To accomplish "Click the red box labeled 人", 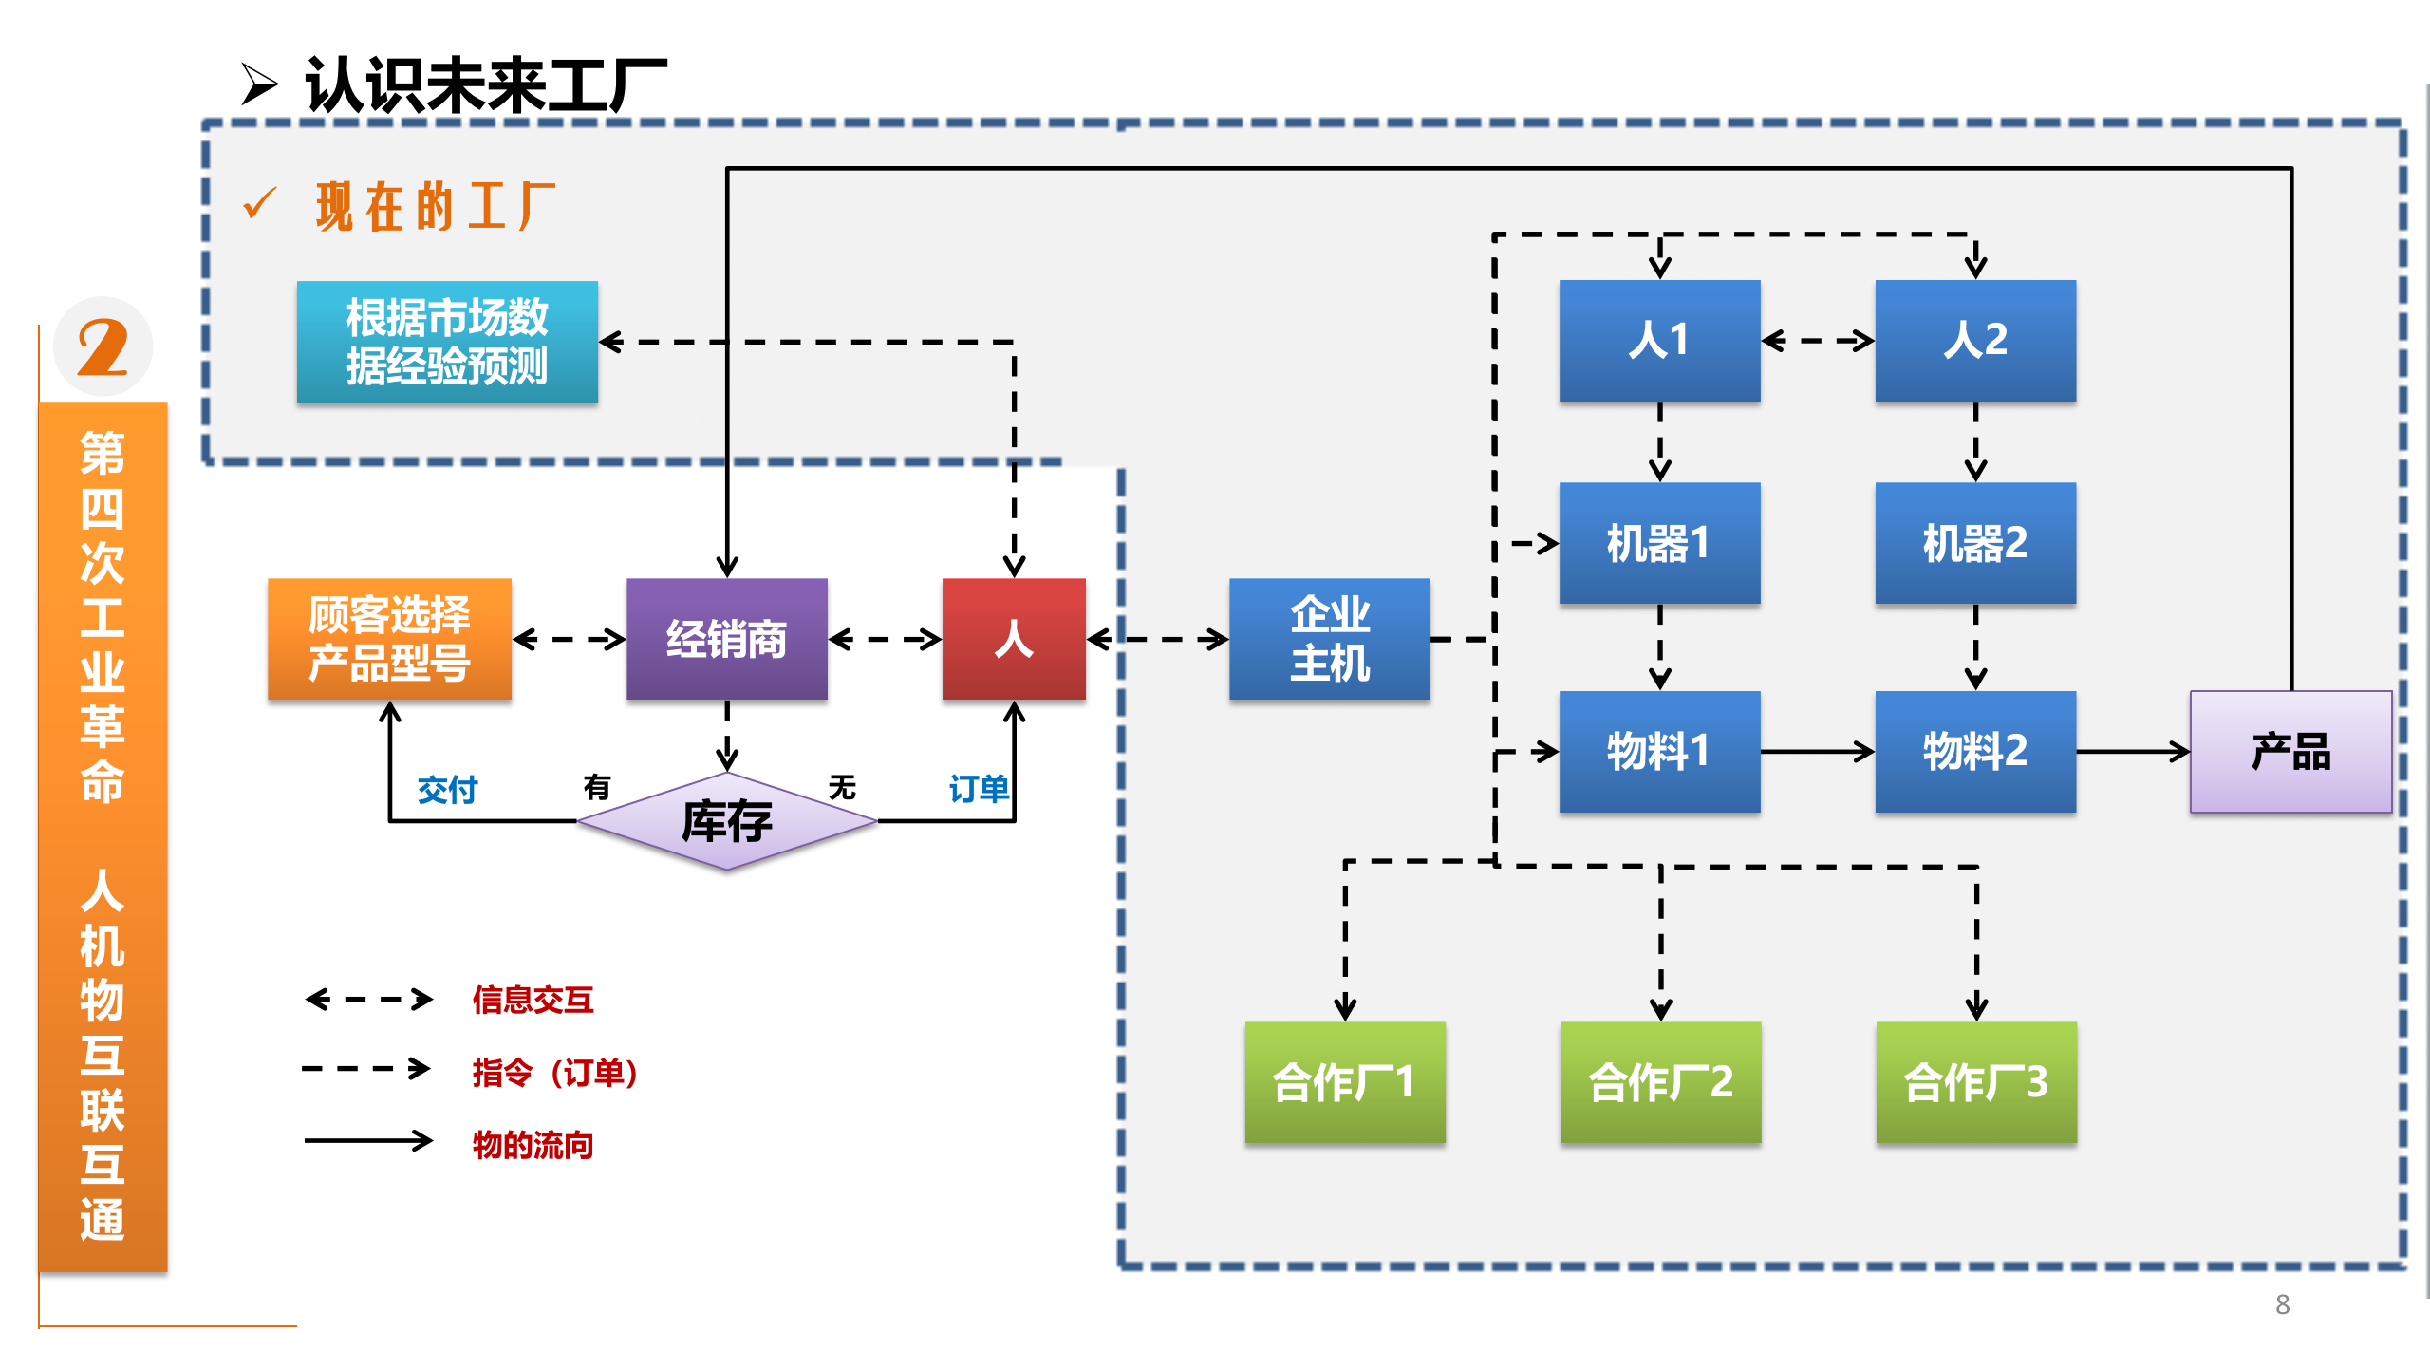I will (x=1013, y=639).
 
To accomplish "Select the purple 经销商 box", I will (x=726, y=639).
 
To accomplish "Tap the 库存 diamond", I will (x=726, y=821).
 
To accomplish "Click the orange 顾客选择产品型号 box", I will (x=389, y=639).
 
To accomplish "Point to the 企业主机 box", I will (x=1329, y=639).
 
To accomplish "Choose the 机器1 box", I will (x=1659, y=543).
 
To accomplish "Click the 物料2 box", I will (x=1975, y=751).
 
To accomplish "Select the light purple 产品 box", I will (x=2290, y=751).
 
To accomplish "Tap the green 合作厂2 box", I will (x=1660, y=1081).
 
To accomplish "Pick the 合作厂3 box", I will (x=1976, y=1081).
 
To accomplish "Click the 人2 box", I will (x=1975, y=340).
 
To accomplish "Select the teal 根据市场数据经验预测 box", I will (x=447, y=342).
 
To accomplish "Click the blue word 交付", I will (x=447, y=790).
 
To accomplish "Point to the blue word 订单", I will (x=979, y=789).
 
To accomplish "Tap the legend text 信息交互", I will (x=533, y=1000).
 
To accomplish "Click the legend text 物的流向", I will (x=533, y=1145).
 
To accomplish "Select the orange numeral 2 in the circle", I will (x=103, y=346).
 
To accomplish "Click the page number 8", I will (x=2282, y=1305).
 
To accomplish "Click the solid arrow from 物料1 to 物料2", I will (x=1817, y=752).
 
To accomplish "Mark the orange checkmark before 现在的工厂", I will (x=259, y=203).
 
